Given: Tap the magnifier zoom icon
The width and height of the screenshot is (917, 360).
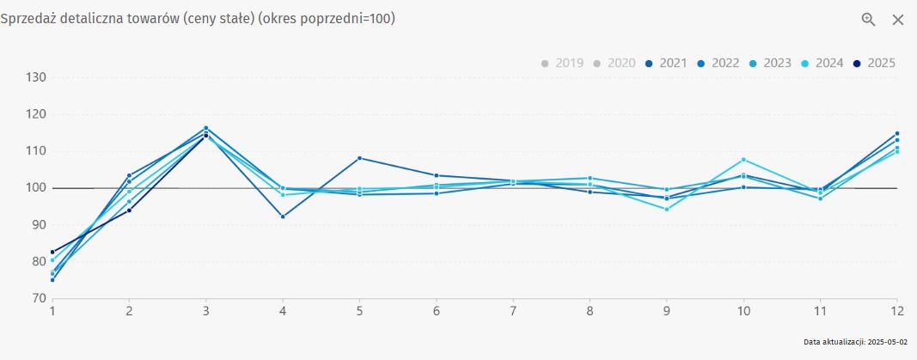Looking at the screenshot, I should pyautogui.click(x=869, y=20).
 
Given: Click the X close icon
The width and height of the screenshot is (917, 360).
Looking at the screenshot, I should pyautogui.click(x=898, y=20).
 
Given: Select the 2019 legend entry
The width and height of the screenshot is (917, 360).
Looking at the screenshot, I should pyautogui.click(x=563, y=63).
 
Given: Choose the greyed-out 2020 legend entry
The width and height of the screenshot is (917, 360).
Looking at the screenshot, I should pyautogui.click(x=615, y=63).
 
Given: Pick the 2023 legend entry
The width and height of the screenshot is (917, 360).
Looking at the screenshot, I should pyautogui.click(x=772, y=63).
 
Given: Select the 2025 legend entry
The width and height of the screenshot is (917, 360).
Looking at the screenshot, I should pyautogui.click(x=876, y=63).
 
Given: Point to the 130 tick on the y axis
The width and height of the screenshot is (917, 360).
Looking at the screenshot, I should pyautogui.click(x=35, y=77).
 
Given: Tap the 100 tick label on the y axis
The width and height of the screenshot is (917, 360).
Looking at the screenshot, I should pyautogui.click(x=35, y=188).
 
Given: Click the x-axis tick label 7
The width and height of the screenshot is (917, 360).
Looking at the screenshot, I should pyautogui.click(x=513, y=311).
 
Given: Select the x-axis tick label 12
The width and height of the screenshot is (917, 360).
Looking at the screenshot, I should pyautogui.click(x=896, y=311).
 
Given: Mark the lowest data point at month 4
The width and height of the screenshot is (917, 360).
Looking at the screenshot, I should pyautogui.click(x=283, y=217).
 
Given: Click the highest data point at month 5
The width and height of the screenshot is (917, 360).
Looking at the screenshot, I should pyautogui.click(x=359, y=158).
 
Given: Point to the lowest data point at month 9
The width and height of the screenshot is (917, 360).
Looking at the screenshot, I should pyautogui.click(x=666, y=209).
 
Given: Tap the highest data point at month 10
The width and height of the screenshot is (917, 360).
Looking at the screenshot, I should pyautogui.click(x=743, y=160).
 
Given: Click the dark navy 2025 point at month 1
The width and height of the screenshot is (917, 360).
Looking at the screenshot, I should pyautogui.click(x=52, y=252).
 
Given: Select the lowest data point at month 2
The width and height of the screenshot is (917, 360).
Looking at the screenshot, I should pyautogui.click(x=129, y=211).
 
